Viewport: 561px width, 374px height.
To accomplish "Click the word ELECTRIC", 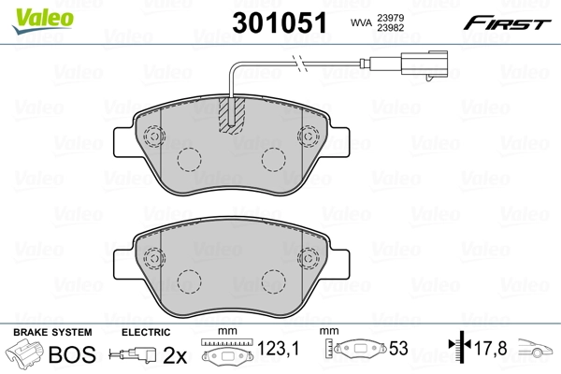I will pyautogui.click(x=145, y=333).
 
